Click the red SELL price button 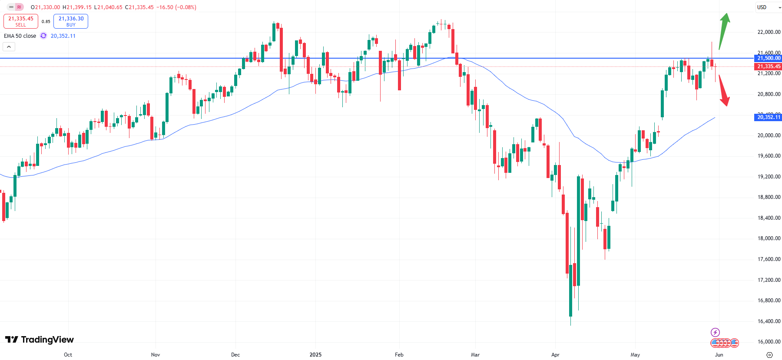coord(21,21)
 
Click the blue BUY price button coord(71,21)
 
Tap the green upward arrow coord(724,30)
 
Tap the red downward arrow coord(724,90)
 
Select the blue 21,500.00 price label coord(769,58)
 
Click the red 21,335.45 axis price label coord(769,66)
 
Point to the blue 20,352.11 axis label coord(769,117)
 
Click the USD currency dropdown coord(768,7)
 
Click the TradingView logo coord(40,340)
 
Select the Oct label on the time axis coord(68,355)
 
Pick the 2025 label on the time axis coord(315,355)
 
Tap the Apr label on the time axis coord(555,355)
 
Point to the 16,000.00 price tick coord(769,342)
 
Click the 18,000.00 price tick coord(769,238)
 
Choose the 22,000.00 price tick coord(769,32)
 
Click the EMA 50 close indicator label coord(20,36)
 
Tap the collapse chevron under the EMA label coord(9,46)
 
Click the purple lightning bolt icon coord(715,333)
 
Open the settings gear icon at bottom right coord(769,355)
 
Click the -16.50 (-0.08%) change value coord(176,7)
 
